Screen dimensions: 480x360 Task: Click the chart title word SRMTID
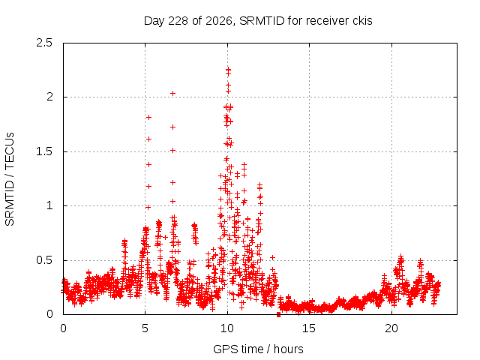[262, 21]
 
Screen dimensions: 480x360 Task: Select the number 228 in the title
[178, 21]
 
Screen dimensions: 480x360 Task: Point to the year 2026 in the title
[218, 21]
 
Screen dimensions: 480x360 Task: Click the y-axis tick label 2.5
[44, 43]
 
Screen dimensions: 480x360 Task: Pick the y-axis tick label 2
[49, 97]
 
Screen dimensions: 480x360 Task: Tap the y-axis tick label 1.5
[44, 151]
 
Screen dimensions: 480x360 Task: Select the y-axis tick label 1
[50, 205]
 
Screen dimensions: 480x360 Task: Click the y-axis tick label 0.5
[44, 260]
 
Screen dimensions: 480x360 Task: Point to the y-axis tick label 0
[49, 314]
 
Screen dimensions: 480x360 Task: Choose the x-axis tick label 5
[145, 328]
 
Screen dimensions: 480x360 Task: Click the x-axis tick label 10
[227, 328]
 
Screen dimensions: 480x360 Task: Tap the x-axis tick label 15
[309, 328]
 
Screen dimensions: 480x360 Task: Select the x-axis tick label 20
[391, 328]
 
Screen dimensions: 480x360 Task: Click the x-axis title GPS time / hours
[258, 349]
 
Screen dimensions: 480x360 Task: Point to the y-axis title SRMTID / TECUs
[10, 179]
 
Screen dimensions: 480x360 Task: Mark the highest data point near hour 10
[228, 70]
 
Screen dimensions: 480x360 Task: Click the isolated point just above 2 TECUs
[173, 93]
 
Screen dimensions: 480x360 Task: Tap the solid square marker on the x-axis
[278, 314]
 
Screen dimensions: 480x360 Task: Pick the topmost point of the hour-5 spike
[148, 117]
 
